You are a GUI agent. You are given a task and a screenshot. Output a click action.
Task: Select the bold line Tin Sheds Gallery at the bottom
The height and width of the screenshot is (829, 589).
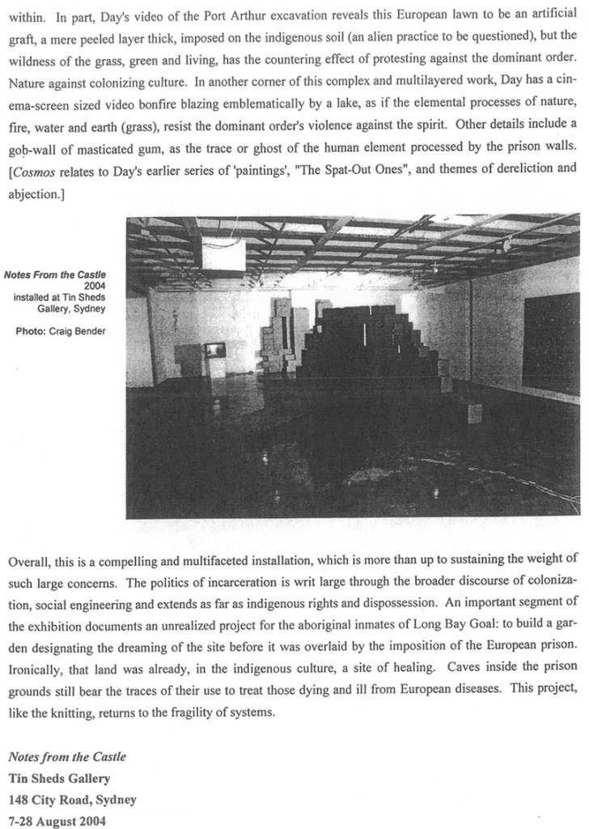[59, 780]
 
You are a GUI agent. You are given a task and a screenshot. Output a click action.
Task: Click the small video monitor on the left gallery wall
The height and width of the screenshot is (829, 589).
[214, 350]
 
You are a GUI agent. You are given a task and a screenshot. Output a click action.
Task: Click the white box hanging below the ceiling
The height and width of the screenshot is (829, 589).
[224, 255]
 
